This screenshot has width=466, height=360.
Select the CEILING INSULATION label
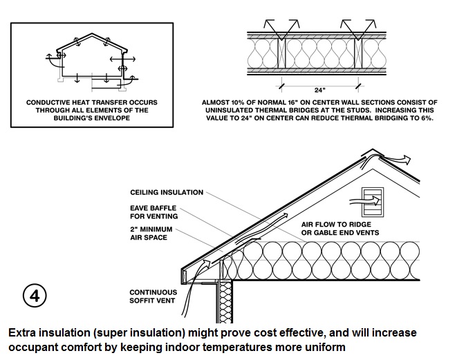167,192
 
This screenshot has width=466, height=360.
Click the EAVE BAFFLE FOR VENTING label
153,211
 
